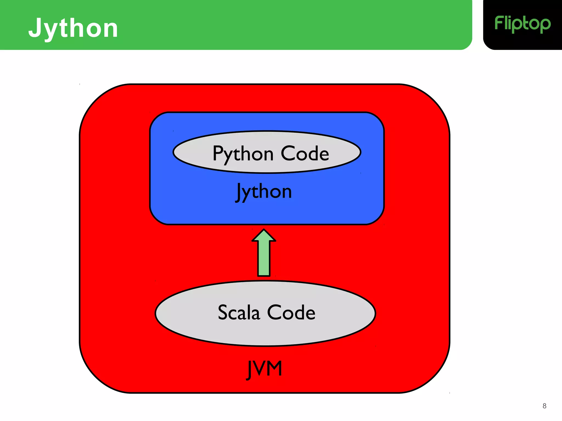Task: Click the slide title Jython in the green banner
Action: pyautogui.click(x=73, y=28)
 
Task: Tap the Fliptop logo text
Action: pyautogui.click(x=522, y=24)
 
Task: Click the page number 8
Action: pyautogui.click(x=544, y=406)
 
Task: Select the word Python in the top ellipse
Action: pyautogui.click(x=243, y=154)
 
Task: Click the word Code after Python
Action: pyautogui.click(x=305, y=153)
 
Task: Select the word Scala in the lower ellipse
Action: pyautogui.click(x=239, y=312)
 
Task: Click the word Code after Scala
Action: pyautogui.click(x=291, y=312)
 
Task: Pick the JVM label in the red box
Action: pyautogui.click(x=265, y=369)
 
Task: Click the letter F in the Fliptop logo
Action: pyautogui.click(x=499, y=23)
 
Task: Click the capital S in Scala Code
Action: pyautogui.click(x=224, y=312)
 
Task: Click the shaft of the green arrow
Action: pyautogui.click(x=264, y=259)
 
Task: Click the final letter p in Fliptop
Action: pyautogui.click(x=545, y=25)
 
